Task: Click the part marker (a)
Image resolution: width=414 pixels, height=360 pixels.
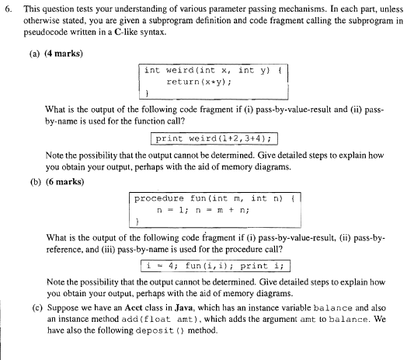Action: point(37,53)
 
